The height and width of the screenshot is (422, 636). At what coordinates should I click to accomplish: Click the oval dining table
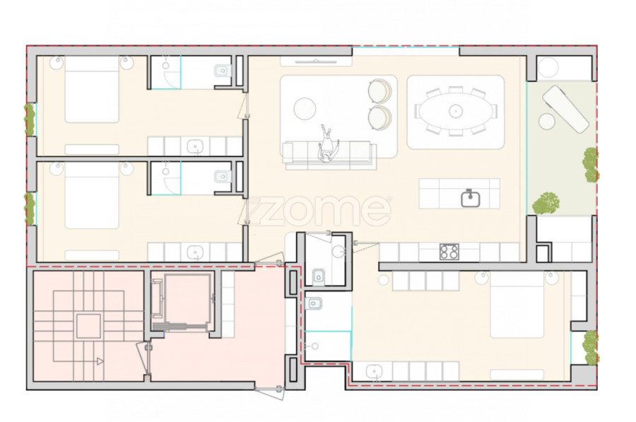point(456,111)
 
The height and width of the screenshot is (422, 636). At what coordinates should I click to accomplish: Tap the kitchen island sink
point(471,198)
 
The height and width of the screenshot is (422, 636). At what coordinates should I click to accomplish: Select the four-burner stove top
point(449,252)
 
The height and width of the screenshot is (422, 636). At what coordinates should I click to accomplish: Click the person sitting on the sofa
point(326,144)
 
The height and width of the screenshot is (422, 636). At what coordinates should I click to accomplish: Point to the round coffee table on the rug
point(305,108)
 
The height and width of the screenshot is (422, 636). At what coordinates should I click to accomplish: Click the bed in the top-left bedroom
point(92,89)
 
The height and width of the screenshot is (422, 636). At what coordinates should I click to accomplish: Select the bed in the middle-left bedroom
point(92,196)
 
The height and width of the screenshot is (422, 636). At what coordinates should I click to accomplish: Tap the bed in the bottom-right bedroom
point(517,305)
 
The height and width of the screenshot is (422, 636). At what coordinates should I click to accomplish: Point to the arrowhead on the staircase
point(100,361)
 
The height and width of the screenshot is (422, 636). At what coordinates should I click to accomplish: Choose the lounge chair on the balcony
point(565,108)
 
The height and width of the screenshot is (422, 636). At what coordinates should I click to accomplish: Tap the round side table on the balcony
point(546,122)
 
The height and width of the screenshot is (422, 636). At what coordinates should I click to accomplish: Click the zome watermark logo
point(319,211)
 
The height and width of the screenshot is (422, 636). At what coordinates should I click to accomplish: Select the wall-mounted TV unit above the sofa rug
point(316,61)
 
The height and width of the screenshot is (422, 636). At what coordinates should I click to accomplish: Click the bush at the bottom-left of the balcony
point(546,203)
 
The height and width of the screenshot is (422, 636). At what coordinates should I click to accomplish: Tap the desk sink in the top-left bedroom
point(195,146)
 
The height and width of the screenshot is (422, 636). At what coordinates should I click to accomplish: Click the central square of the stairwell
point(88,326)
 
